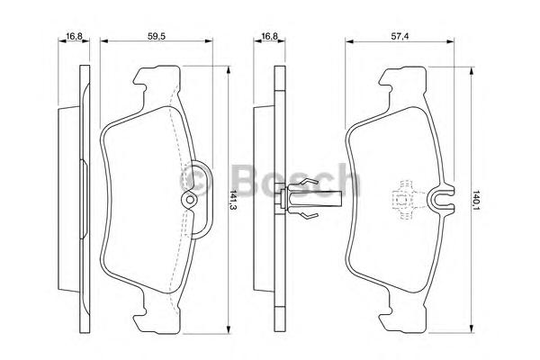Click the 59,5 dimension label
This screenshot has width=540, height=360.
(157, 36)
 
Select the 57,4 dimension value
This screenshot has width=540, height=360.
(400, 36)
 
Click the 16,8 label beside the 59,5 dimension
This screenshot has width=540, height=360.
(74, 36)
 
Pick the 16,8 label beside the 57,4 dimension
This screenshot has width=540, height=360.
(269, 36)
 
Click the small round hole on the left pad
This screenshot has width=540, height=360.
(189, 200)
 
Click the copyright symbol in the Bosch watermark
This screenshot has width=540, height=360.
(194, 181)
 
